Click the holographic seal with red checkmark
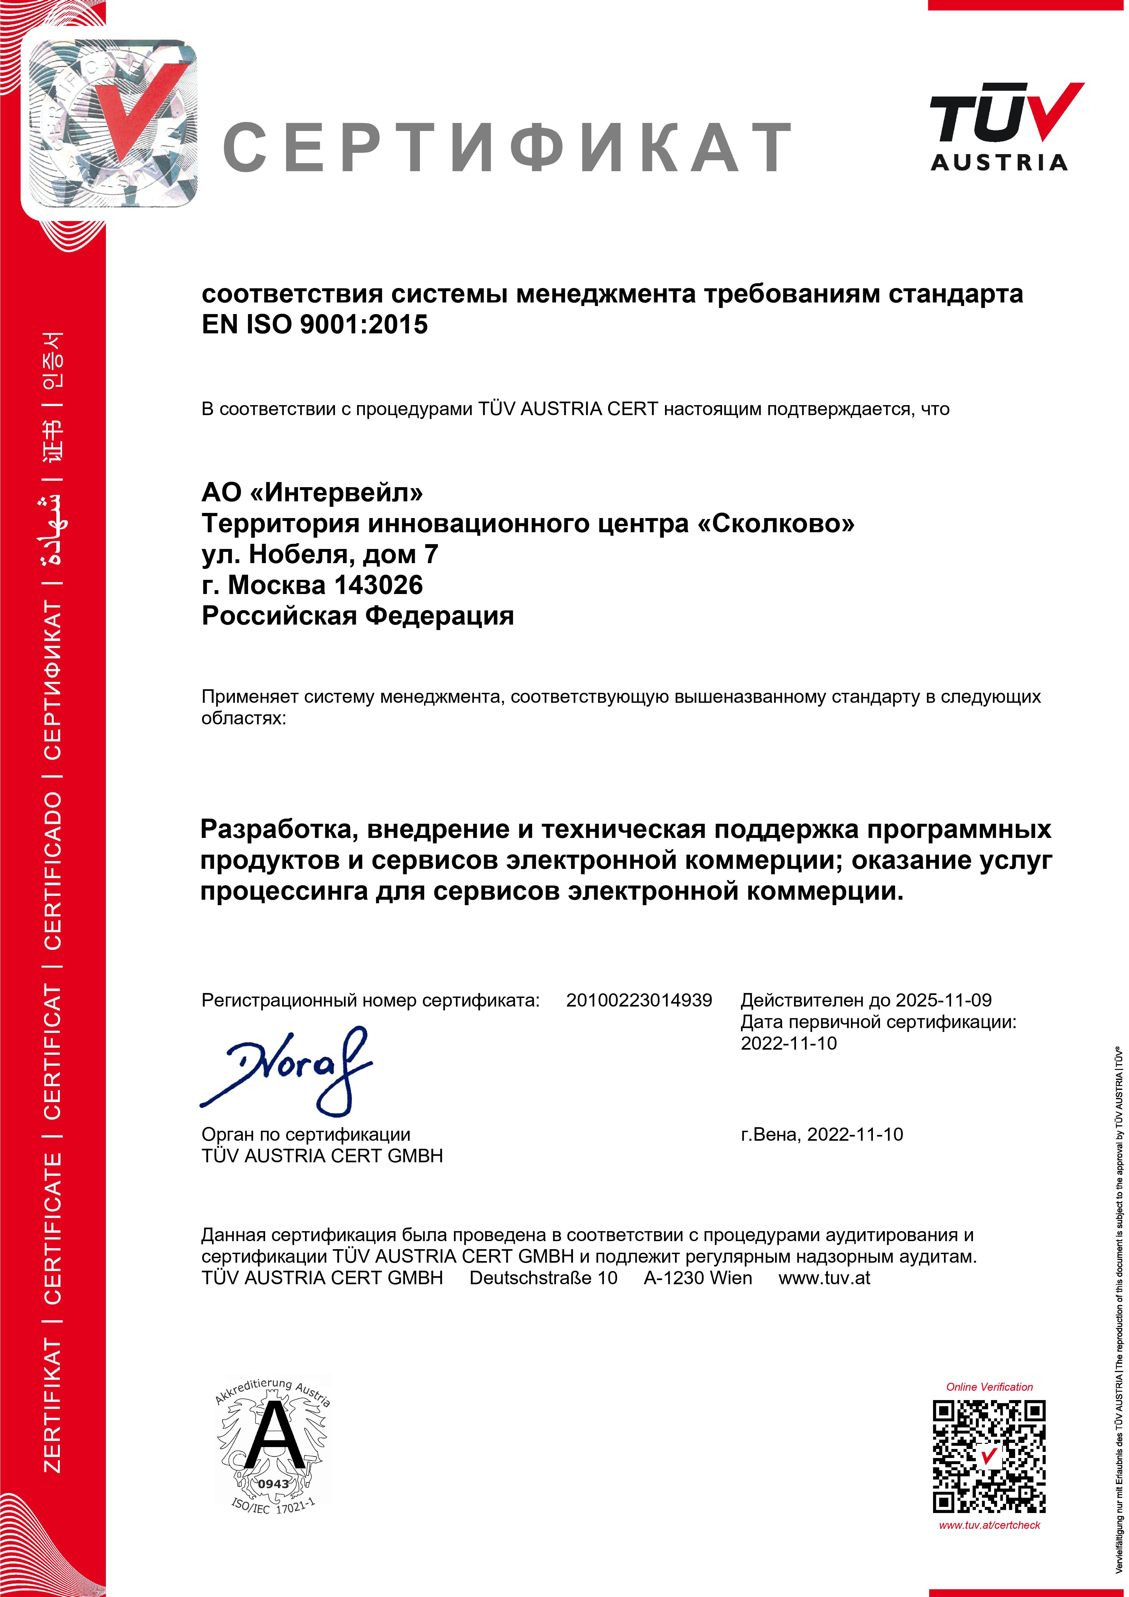[110, 124]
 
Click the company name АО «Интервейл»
[312, 492]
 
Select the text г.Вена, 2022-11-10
[821, 1135]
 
